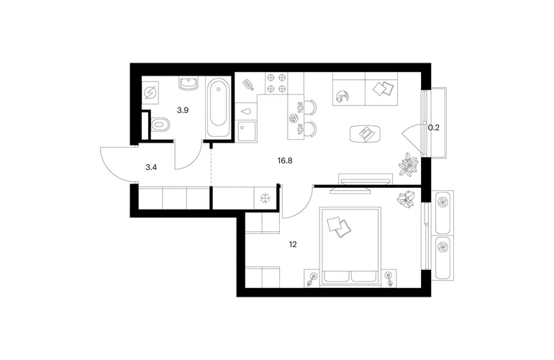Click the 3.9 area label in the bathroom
(x=183, y=110)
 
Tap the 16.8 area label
(x=285, y=161)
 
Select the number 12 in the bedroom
(x=293, y=244)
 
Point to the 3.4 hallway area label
(x=151, y=167)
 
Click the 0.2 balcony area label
(x=434, y=127)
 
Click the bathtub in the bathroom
(x=217, y=108)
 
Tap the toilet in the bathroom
(x=160, y=124)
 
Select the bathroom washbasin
(x=189, y=84)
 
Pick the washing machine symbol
(x=150, y=93)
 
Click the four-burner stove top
(x=276, y=83)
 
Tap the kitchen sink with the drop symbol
(x=245, y=111)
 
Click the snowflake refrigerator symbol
(x=265, y=199)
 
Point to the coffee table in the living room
(x=365, y=134)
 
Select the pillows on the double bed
(x=339, y=227)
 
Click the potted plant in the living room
(x=409, y=164)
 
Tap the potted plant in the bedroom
(x=407, y=199)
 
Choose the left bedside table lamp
(x=312, y=279)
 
